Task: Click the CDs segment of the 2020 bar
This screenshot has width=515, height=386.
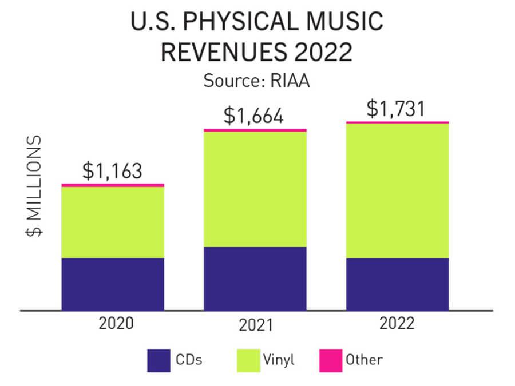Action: point(113,284)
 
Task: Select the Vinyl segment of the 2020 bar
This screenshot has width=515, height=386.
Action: point(113,222)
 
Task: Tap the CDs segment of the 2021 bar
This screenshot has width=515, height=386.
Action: point(255,278)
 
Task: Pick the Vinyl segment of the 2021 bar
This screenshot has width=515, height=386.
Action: point(255,189)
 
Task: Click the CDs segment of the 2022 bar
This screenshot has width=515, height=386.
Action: point(397,284)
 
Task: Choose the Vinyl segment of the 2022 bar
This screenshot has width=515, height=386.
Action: point(397,190)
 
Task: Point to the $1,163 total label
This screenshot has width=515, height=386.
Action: point(112,171)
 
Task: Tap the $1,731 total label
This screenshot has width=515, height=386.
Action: point(396,108)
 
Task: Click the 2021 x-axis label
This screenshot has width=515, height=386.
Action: point(255,326)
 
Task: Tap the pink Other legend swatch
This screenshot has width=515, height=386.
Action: point(329,360)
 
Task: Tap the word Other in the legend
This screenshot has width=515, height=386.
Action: point(364,360)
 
